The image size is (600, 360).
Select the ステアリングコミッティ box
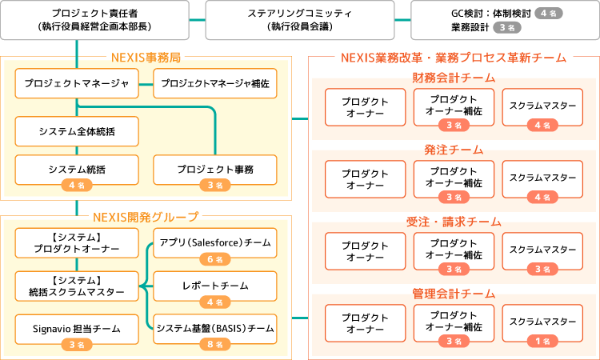(x=301, y=20)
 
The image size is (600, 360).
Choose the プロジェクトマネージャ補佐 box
(x=215, y=83)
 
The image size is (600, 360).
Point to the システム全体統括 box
(x=77, y=130)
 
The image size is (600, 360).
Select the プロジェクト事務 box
(x=215, y=170)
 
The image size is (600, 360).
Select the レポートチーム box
(x=214, y=286)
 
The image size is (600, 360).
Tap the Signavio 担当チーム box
(x=77, y=329)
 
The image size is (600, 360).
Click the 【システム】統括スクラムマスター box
(x=77, y=286)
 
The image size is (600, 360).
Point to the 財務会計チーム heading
(x=454, y=78)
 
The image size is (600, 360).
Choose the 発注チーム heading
(x=454, y=150)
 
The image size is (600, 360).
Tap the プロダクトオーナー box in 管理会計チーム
(x=365, y=322)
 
